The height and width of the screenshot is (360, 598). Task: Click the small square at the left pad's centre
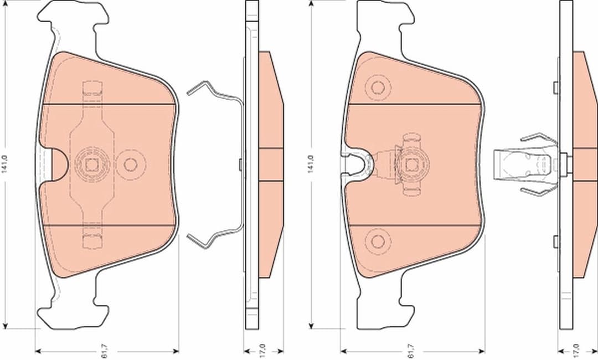(x=91, y=164)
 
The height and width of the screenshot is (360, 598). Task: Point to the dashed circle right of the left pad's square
(x=131, y=164)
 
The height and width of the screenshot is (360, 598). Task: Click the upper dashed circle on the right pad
(x=378, y=88)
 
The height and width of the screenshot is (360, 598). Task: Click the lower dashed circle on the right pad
(x=378, y=241)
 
